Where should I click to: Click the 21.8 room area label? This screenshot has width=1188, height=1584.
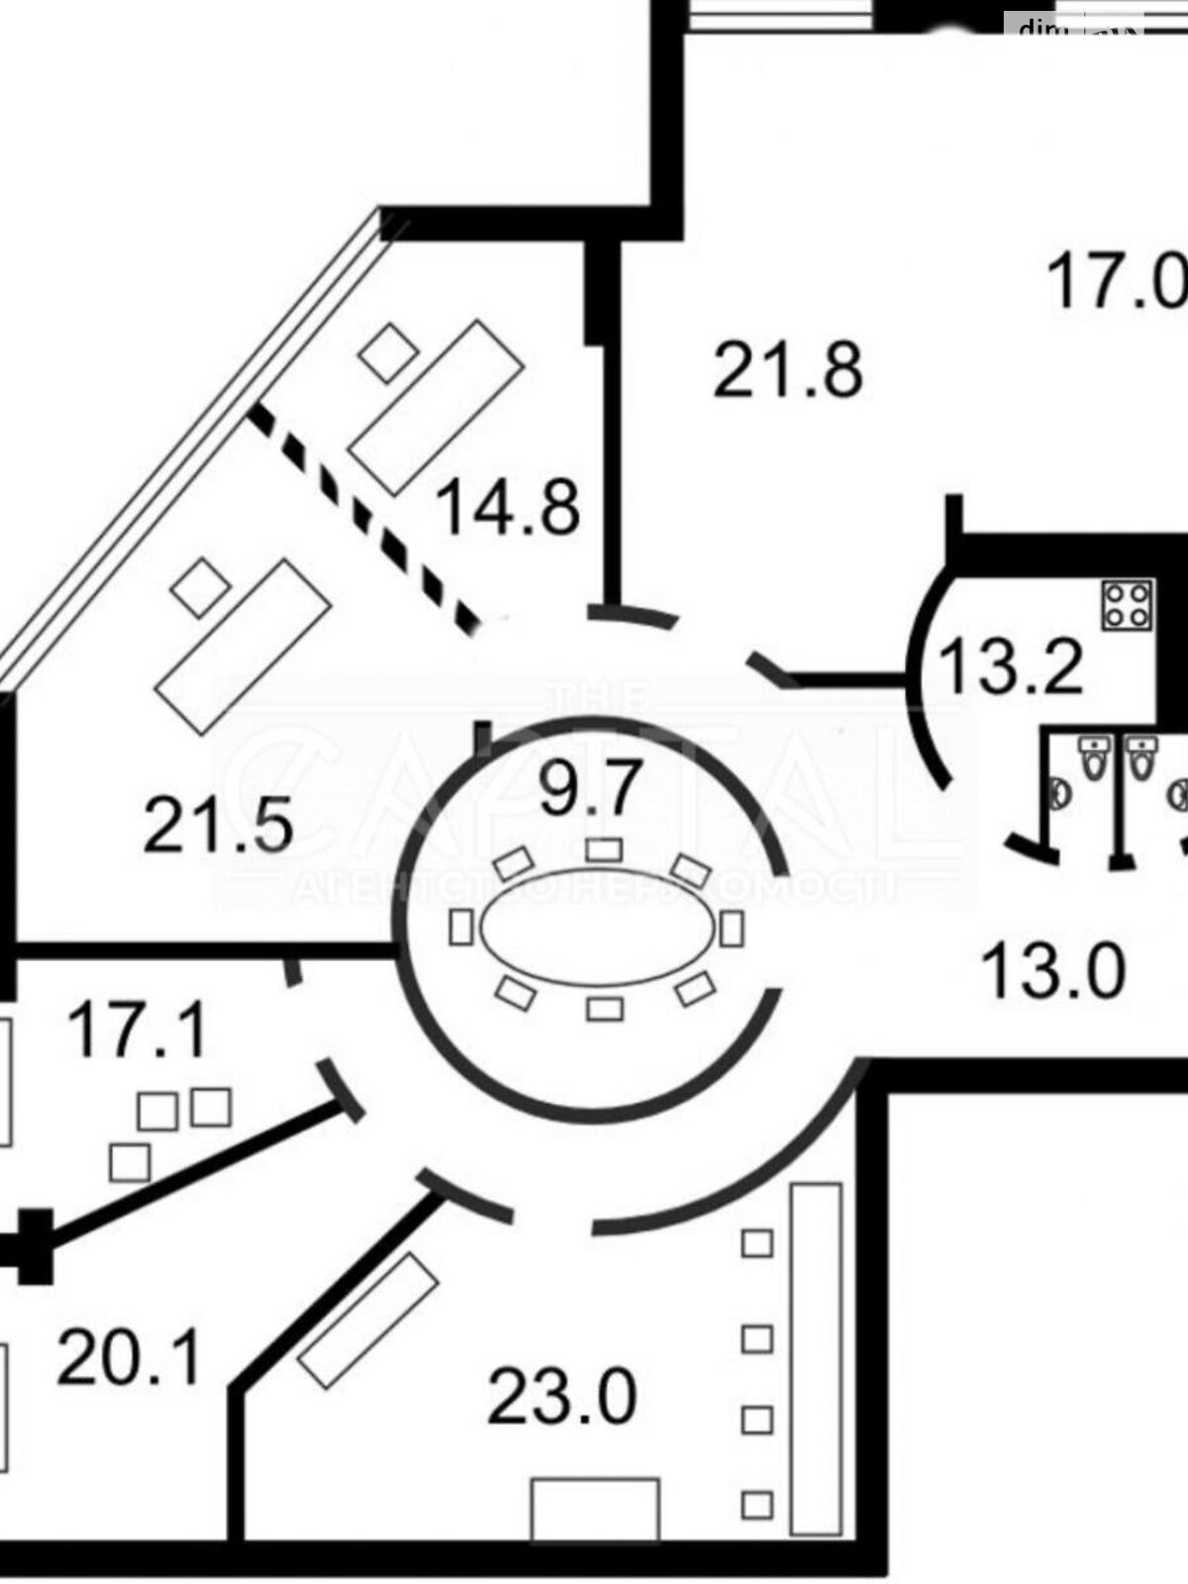pyautogui.click(x=787, y=368)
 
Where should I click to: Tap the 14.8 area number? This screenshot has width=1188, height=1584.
pyautogui.click(x=508, y=506)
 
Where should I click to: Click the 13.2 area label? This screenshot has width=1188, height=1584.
pyautogui.click(x=1010, y=666)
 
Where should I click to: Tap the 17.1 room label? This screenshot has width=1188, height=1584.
pyautogui.click(x=138, y=1029)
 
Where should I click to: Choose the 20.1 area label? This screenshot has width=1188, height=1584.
pyautogui.click(x=129, y=1355)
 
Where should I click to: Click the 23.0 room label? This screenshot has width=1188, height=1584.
pyautogui.click(x=561, y=1397)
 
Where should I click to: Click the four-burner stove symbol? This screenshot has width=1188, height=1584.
pyautogui.click(x=1129, y=603)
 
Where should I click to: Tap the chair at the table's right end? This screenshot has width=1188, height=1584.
pyautogui.click(x=732, y=928)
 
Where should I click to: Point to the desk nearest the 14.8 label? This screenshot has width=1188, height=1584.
pyautogui.click(x=436, y=406)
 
